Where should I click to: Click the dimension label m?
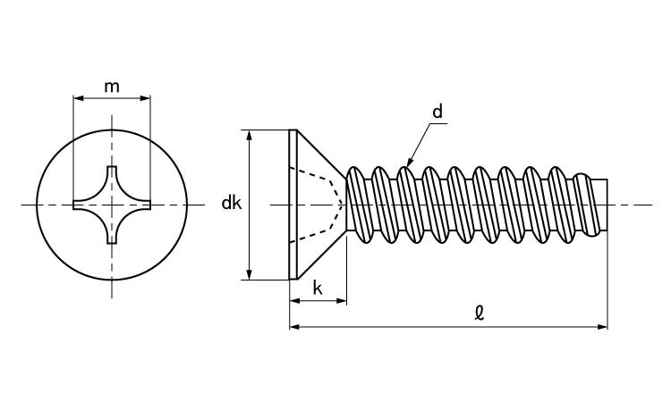(x=112, y=88)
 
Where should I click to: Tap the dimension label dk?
(x=232, y=203)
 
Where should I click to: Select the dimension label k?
(x=318, y=289)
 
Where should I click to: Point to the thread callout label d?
(x=437, y=112)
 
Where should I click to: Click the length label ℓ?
(x=480, y=314)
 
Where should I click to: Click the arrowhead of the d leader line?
(x=409, y=162)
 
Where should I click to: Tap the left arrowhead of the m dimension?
(x=79, y=98)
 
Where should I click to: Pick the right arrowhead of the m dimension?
(x=146, y=98)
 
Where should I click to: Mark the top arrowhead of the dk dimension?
(x=250, y=135)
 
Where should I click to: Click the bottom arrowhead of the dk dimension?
(x=250, y=274)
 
